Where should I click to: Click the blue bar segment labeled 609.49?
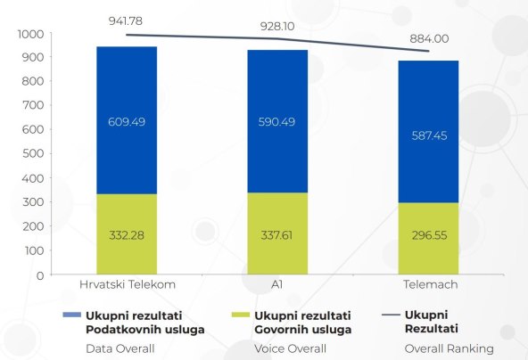click(128, 120)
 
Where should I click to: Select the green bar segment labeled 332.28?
click(128, 234)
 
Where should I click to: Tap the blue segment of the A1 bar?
click(277, 121)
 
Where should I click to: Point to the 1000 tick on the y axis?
click(29, 34)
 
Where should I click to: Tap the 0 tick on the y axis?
click(39, 274)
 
